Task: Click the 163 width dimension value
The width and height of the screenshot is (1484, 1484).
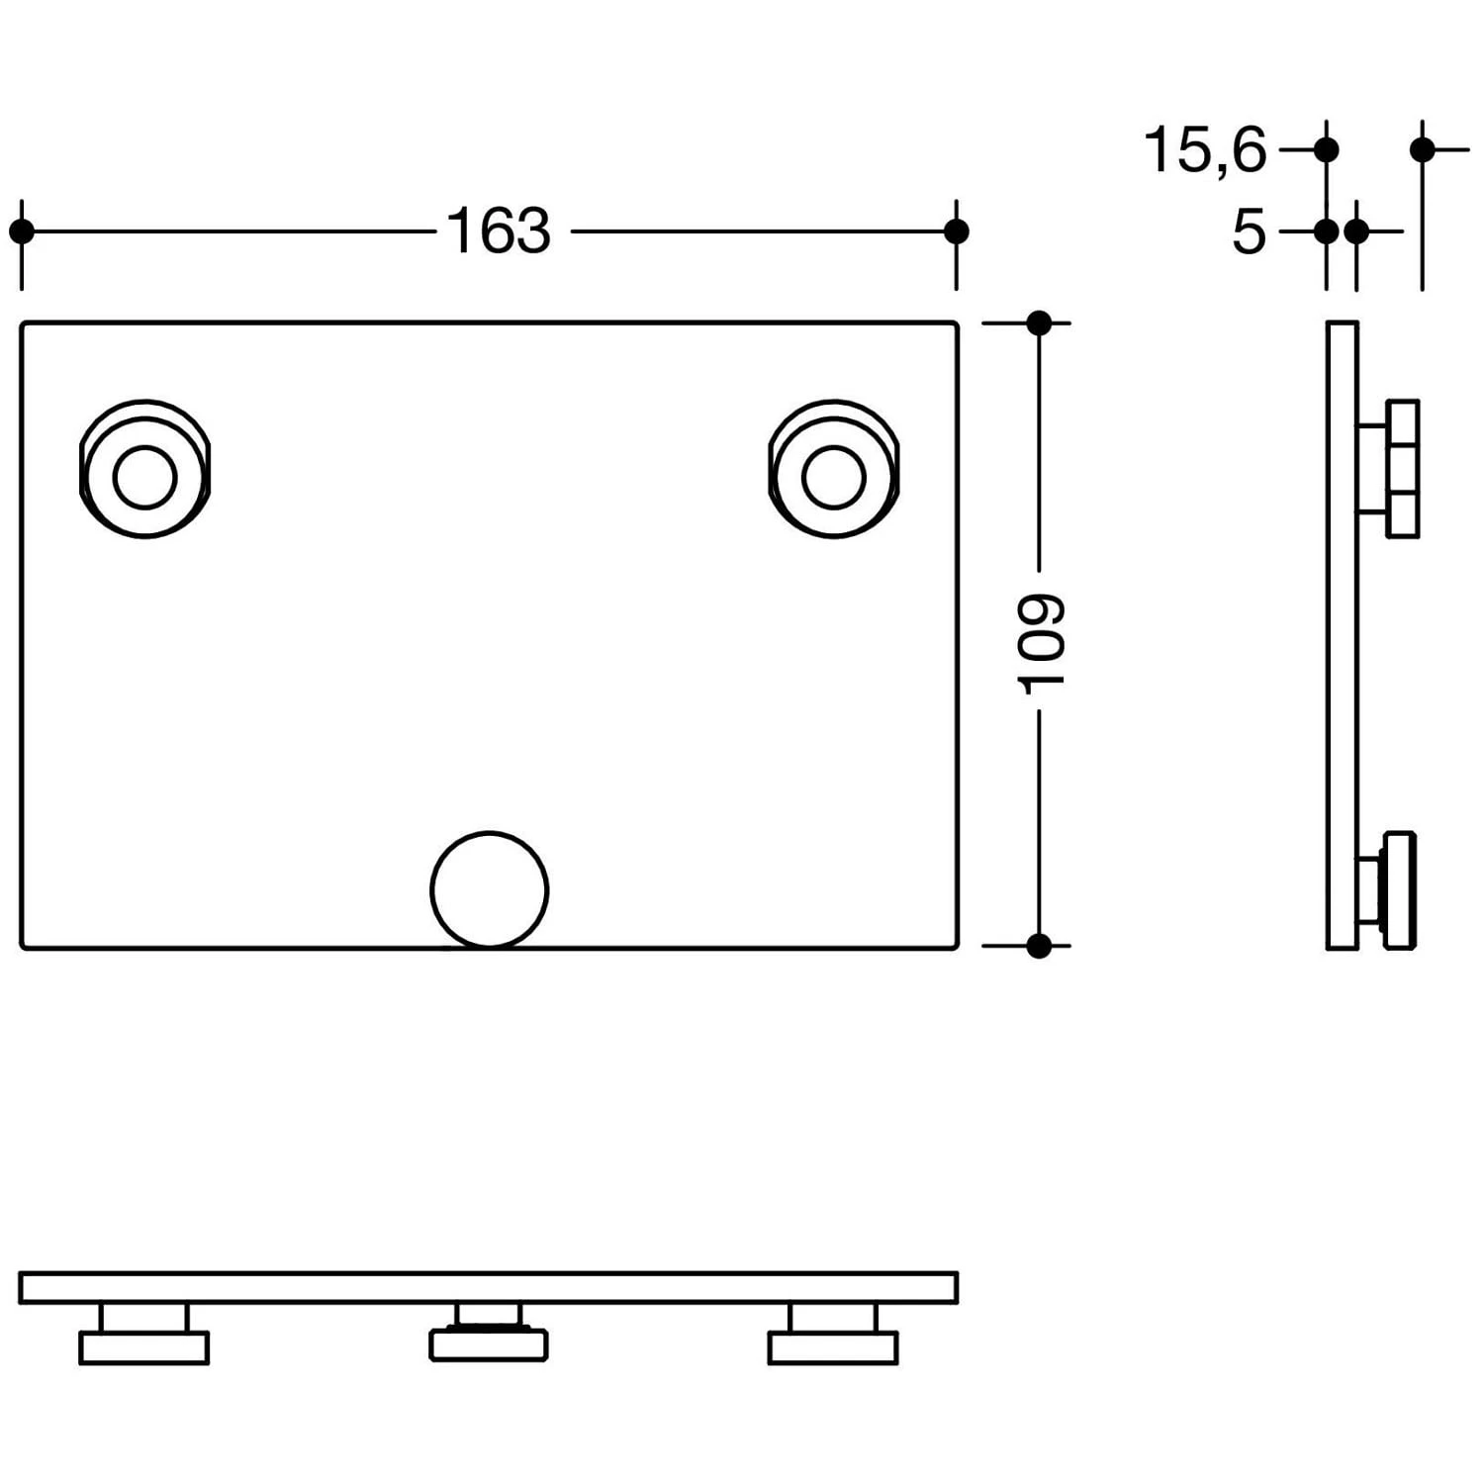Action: [499, 232]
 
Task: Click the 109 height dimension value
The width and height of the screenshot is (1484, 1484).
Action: [1041, 643]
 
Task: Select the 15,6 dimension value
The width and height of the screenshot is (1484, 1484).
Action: [1204, 150]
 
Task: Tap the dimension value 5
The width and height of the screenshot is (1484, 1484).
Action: [1249, 232]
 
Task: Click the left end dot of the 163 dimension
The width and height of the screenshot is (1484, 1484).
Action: [21, 232]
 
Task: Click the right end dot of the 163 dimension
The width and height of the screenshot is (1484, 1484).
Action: [956, 232]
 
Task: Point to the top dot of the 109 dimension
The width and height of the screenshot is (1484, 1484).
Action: [1039, 323]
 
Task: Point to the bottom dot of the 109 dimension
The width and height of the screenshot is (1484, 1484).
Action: [1039, 946]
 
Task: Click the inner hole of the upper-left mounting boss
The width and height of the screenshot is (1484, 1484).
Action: [144, 477]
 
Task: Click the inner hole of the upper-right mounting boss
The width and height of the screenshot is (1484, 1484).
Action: [834, 477]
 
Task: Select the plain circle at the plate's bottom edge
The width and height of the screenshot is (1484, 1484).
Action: [489, 889]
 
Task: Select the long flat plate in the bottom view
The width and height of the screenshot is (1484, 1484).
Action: [489, 1287]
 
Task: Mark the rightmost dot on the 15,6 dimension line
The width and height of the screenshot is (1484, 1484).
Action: [1423, 150]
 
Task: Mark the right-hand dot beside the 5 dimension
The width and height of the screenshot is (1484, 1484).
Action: [1356, 232]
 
